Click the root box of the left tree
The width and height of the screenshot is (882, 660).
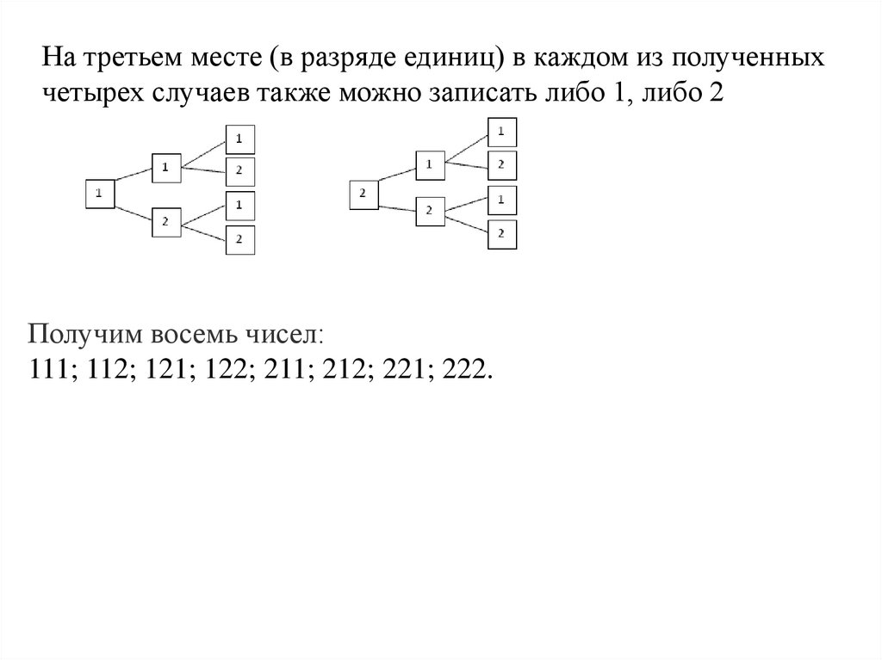tap(99, 194)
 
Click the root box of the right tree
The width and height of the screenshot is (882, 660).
tap(363, 194)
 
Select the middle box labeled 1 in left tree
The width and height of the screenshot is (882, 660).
tap(165, 168)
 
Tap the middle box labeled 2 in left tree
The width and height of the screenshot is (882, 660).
tap(165, 222)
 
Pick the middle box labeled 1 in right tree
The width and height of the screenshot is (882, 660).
tap(430, 164)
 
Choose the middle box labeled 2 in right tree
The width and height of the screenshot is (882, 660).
tap(430, 209)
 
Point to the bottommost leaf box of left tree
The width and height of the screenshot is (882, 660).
tap(240, 239)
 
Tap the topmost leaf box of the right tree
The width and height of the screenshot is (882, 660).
tap(502, 132)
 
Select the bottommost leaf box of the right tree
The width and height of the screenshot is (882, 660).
tap(502, 233)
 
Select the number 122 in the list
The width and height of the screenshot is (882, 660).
tap(226, 369)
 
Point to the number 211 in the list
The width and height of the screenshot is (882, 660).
tap(286, 369)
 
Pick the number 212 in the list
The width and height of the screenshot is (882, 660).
tap(346, 369)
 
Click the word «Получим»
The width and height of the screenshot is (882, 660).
tap(77, 334)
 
